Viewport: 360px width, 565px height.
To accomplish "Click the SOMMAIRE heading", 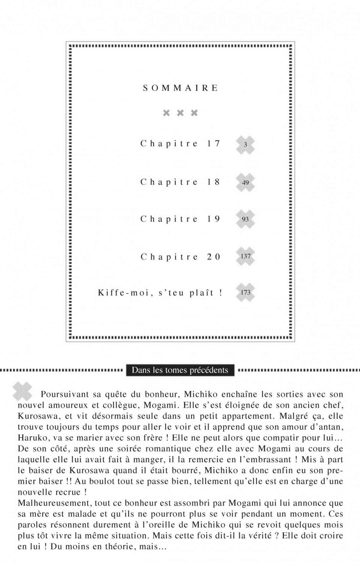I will coord(180,88).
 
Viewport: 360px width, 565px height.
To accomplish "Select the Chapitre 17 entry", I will coord(180,144).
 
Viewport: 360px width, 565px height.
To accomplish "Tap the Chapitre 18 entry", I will coord(180,182).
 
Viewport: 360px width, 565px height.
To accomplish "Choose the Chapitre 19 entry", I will coord(180,219).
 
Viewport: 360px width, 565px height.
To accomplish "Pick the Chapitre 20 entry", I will coord(180,257).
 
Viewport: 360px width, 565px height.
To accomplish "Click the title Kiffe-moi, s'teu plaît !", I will coord(160,292).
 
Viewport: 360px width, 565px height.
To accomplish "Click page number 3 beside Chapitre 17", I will coord(245,145).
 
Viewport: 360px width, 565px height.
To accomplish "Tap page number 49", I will coord(245,182).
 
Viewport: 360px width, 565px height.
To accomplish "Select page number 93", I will coord(245,219).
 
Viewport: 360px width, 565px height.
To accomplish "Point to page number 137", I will coord(245,256).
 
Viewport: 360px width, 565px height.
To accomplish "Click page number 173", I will coord(245,292).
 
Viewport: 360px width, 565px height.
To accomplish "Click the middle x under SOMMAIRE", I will coord(180,113).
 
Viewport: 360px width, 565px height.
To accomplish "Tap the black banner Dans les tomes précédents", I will coord(180,370).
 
